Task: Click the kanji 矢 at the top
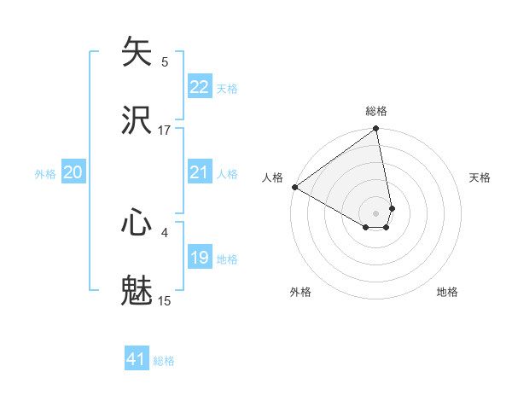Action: coord(137,52)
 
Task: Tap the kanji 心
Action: coord(137,223)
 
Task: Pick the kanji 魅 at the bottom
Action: coord(137,290)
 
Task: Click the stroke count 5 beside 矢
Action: coord(165,61)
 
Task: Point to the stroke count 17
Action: coord(165,130)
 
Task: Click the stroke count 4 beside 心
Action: coord(165,231)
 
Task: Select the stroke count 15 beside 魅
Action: coord(165,300)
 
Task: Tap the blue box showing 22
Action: coord(200,87)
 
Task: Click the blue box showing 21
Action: coord(200,172)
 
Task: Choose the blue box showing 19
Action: coord(200,258)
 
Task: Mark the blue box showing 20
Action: coord(73,172)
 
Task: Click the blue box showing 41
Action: coord(137,359)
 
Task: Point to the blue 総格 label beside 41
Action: coord(164,361)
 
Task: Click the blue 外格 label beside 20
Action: coord(45,174)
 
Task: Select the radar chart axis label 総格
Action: coord(376,111)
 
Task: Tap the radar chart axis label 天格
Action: coord(480,177)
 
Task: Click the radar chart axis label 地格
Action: coord(447,292)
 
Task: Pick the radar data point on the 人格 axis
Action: coord(294,187)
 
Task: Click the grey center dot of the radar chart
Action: coord(376,212)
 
